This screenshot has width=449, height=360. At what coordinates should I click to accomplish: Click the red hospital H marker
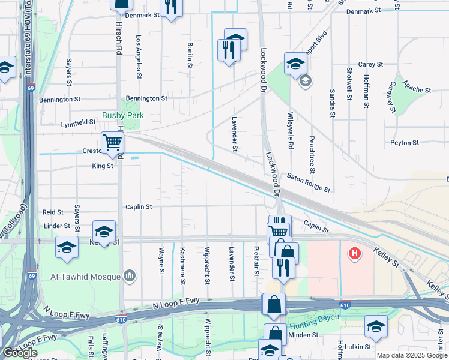click(355, 254)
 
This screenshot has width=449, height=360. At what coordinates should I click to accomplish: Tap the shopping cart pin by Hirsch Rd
click(112, 143)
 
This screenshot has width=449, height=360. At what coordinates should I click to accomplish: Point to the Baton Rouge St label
click(309, 182)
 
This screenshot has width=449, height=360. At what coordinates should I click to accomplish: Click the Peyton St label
click(404, 143)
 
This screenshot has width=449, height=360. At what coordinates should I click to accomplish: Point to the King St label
click(103, 166)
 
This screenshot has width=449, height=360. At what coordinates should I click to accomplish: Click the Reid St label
click(53, 212)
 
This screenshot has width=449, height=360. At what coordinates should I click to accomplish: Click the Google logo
click(20, 353)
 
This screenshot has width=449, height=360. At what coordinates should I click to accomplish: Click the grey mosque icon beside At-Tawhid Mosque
click(130, 276)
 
